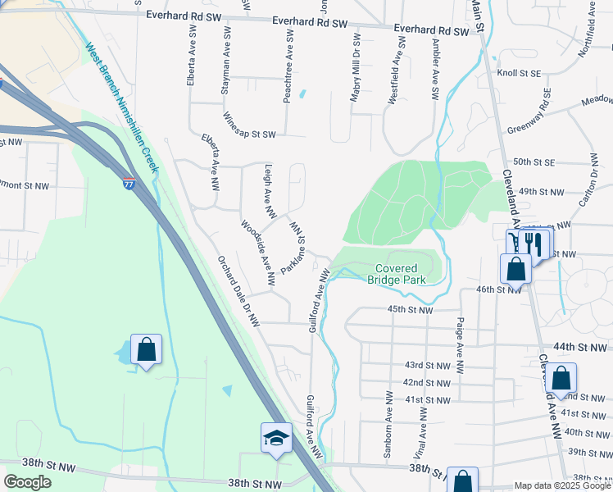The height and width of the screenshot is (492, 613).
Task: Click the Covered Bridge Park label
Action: pos(397,274)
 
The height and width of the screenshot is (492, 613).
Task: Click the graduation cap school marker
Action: pos(277,439)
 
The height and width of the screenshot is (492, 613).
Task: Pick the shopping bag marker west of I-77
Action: pos(146,350)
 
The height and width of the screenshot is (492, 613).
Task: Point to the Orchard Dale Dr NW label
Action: pos(238,291)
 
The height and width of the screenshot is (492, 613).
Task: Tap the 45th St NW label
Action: pos(410,310)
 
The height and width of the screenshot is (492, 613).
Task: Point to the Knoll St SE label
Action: pos(519,73)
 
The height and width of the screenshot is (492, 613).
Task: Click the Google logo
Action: pos(27,482)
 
